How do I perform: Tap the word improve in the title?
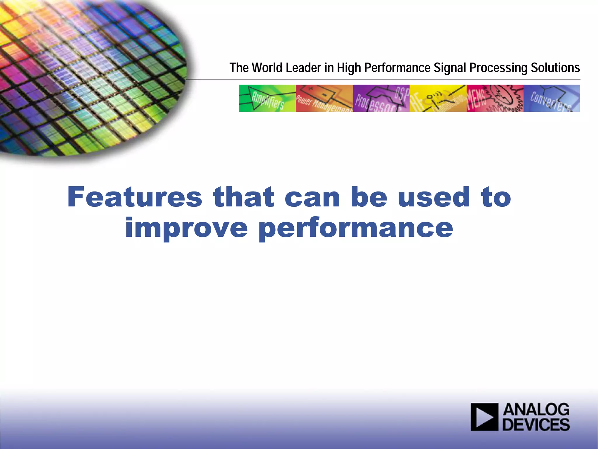(x=186, y=228)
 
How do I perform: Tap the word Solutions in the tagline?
(x=555, y=68)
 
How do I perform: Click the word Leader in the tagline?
(x=303, y=68)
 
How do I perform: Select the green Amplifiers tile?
(x=267, y=98)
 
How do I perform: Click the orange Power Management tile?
(x=324, y=98)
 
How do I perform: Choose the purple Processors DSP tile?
(x=381, y=98)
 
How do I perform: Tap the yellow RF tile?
(x=438, y=98)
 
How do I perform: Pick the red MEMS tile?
(x=495, y=98)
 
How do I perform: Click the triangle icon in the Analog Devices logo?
(x=484, y=417)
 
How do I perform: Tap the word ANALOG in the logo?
(x=536, y=410)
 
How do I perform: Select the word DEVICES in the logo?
(x=536, y=425)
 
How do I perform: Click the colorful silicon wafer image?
(x=88, y=76)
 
